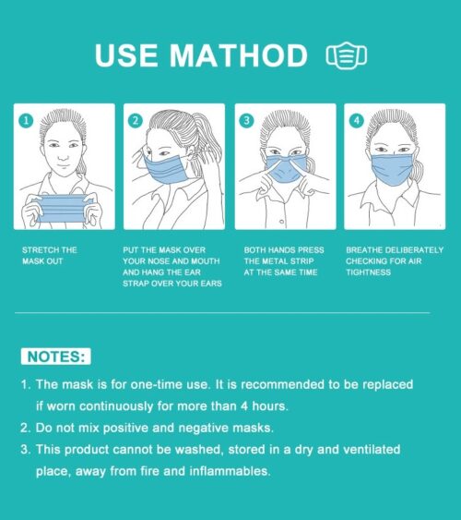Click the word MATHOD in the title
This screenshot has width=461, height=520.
click(x=239, y=55)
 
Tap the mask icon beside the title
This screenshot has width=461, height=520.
click(x=347, y=55)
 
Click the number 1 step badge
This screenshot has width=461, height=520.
click(x=26, y=121)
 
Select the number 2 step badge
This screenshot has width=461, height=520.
click(x=136, y=120)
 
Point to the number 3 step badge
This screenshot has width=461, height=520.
click(x=246, y=120)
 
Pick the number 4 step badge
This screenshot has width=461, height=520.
click(x=357, y=120)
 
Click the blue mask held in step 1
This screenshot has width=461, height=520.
click(x=62, y=208)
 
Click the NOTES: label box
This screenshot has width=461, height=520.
click(x=56, y=357)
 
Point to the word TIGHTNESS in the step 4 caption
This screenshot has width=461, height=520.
click(x=368, y=272)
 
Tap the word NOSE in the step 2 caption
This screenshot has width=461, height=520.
click(x=157, y=261)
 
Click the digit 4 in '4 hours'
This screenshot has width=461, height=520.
click(x=244, y=405)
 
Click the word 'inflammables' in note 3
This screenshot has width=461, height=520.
click(x=230, y=471)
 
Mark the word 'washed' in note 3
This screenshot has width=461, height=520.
click(x=198, y=450)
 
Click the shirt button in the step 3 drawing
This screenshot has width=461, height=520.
click(x=282, y=222)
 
